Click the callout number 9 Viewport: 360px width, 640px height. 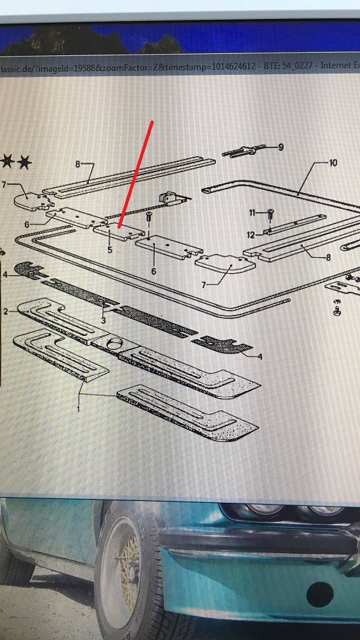(281, 147)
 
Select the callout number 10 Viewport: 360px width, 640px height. (333, 163)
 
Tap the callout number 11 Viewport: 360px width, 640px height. (252, 212)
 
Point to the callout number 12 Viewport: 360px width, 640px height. (251, 235)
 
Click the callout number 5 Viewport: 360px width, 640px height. (109, 249)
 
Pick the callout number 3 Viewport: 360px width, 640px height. (103, 321)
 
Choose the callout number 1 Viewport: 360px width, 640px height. (79, 408)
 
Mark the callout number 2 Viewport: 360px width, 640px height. (6, 312)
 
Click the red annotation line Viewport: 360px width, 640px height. (135, 174)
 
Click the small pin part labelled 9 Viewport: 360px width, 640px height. (244, 151)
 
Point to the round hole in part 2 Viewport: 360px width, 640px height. (114, 343)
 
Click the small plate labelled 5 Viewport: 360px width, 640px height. (119, 231)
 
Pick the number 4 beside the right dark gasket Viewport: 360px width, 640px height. (260, 357)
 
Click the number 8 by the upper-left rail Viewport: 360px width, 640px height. (77, 164)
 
